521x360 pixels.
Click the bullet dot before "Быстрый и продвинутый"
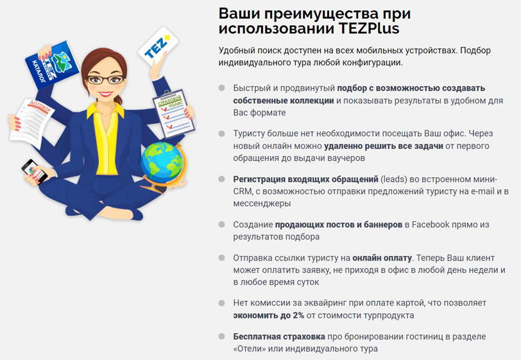click(x=221, y=88)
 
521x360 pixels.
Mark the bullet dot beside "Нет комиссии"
click(x=221, y=302)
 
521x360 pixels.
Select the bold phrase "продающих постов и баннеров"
click(x=338, y=225)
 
